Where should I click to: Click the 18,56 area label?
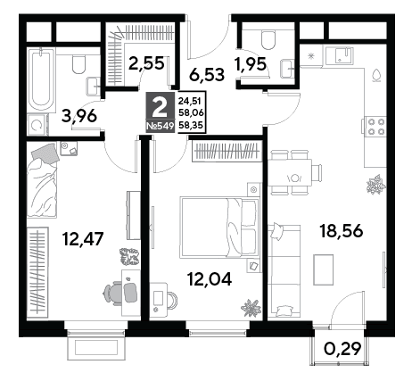[x=341, y=231]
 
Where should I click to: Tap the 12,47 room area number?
[x=83, y=239]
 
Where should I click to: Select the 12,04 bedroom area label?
[x=210, y=279]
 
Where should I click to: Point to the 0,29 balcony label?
[x=342, y=348]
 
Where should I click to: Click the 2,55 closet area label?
[x=146, y=63]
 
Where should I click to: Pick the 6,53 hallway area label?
[x=207, y=75]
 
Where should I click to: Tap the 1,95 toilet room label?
[x=250, y=64]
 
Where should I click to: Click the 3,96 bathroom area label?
[x=79, y=116]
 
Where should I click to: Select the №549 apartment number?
[x=161, y=126]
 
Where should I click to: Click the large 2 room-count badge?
[x=161, y=108]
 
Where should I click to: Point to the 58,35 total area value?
[x=190, y=125]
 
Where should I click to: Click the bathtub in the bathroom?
[x=41, y=79]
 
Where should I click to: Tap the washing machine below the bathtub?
[x=37, y=125]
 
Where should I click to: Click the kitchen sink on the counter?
[x=341, y=56]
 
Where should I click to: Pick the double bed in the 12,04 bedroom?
[x=219, y=228]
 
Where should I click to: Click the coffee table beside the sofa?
[x=324, y=269]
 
